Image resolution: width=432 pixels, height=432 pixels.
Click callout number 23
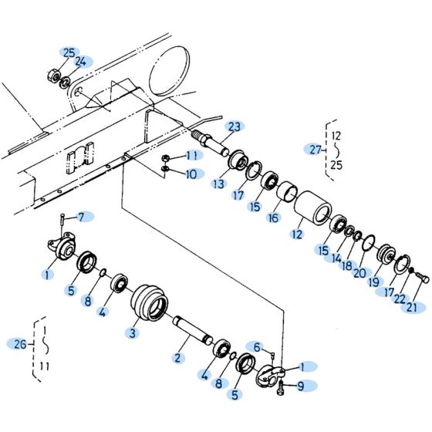(234, 127)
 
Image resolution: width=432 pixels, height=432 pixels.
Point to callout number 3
(133, 332)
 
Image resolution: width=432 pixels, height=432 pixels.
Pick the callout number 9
(300, 386)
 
